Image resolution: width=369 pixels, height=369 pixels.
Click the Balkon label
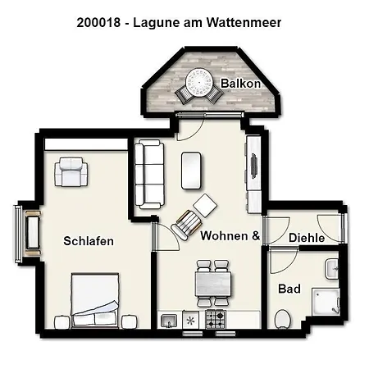point(241,84)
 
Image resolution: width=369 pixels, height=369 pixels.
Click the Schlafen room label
point(89,241)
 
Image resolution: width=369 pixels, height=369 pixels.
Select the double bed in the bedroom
point(96,295)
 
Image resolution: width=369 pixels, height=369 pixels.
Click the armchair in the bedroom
point(71,173)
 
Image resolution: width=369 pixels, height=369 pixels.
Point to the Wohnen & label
point(230,236)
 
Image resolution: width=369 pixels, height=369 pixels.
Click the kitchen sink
point(169,320)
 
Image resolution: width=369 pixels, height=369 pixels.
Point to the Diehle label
point(307,238)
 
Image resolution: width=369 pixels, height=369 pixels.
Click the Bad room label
point(289,289)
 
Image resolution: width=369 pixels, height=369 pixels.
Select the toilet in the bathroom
point(283,318)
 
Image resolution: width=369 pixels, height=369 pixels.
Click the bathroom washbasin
point(332,268)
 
